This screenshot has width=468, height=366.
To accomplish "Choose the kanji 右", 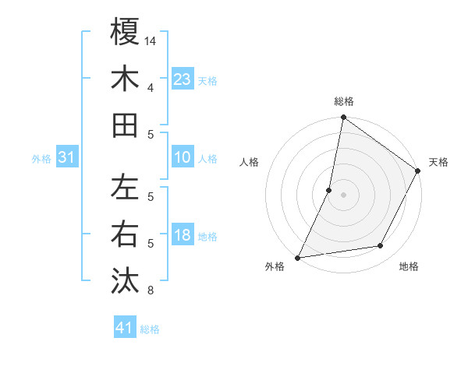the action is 126,234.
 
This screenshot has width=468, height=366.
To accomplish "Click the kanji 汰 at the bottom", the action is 126,280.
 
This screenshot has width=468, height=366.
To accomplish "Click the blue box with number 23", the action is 183,79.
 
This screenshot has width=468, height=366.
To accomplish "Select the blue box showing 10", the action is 183,157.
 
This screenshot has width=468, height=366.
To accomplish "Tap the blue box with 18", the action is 183,235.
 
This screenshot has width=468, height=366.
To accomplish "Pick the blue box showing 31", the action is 67,157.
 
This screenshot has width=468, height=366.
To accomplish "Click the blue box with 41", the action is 125,328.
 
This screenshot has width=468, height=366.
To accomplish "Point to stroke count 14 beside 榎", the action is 151,40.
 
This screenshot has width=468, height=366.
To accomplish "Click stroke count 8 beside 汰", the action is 151,291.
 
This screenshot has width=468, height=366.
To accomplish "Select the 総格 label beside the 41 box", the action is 150,329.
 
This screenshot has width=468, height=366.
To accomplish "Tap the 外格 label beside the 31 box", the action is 41,159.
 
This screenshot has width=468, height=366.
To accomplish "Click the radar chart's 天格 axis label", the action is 438,162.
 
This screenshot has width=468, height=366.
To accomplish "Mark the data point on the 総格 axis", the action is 343,118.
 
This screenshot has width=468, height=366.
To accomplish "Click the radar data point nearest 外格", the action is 298,257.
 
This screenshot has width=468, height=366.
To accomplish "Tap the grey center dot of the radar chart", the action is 343,194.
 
